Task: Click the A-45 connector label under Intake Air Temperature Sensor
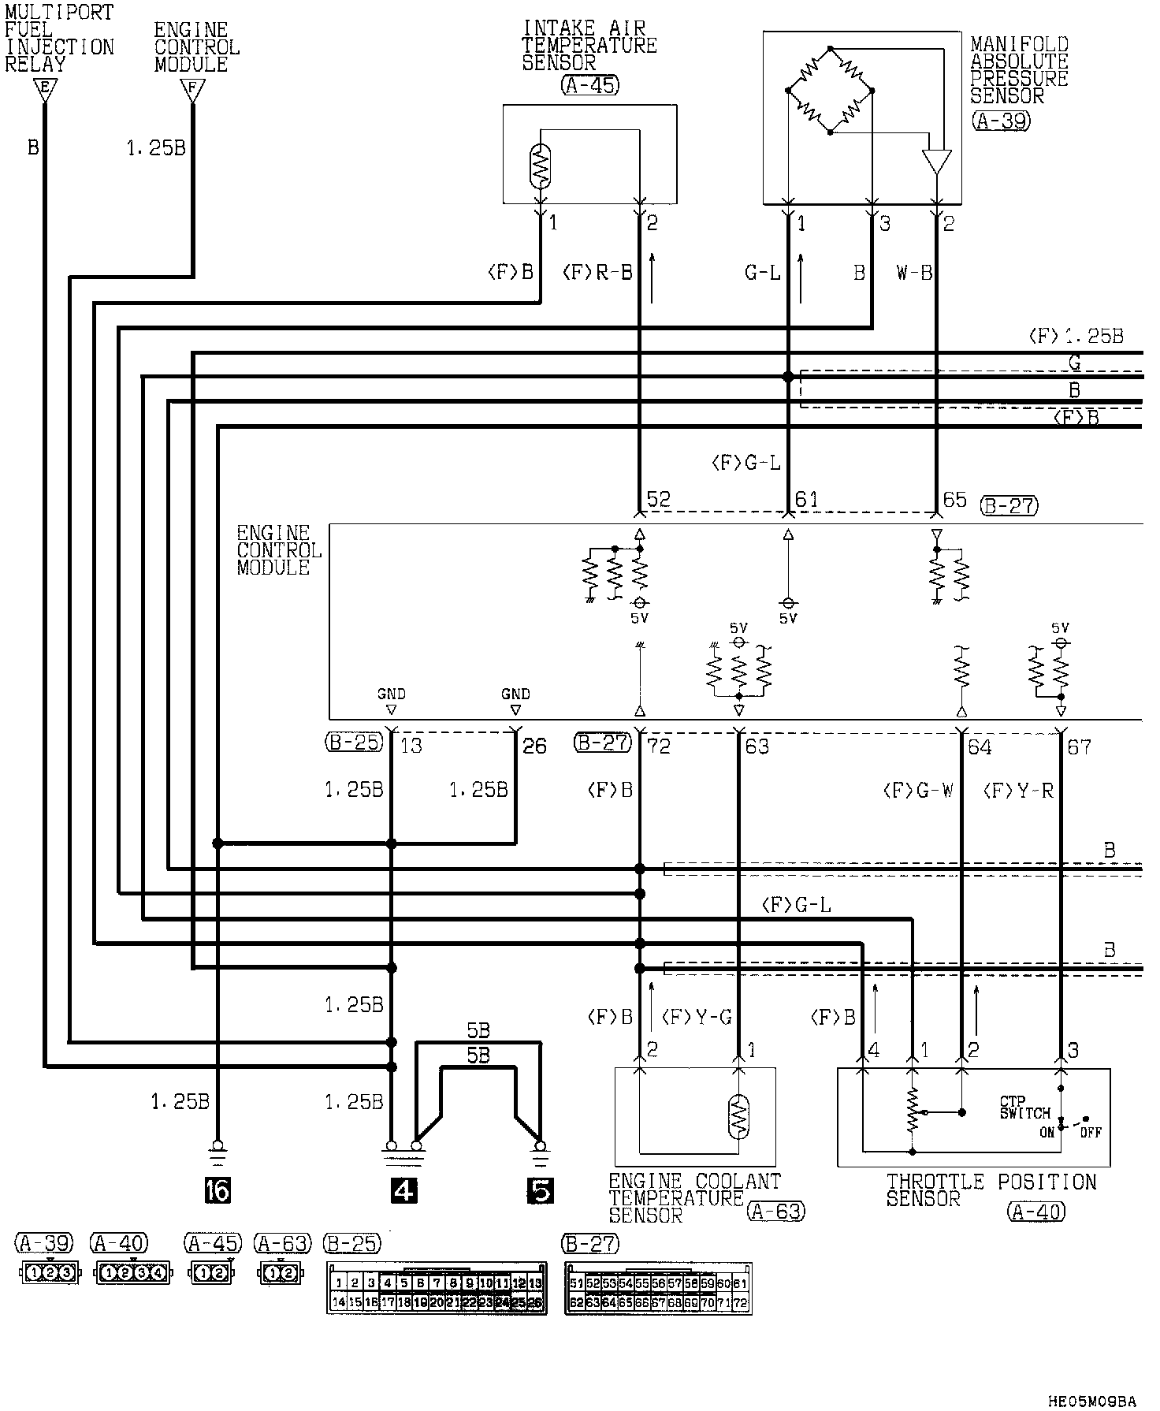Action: (x=589, y=86)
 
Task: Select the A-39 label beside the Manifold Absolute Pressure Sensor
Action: (x=1001, y=121)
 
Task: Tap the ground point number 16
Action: (x=217, y=1190)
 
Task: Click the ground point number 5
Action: (x=541, y=1190)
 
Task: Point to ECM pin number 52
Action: (x=658, y=500)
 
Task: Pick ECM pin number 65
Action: (x=954, y=500)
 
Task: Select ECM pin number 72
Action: (x=658, y=746)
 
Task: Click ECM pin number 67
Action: (x=1079, y=746)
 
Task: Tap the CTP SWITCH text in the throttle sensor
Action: (x=1024, y=1108)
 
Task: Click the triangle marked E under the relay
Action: (x=45, y=91)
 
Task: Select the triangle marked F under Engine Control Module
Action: (x=191, y=91)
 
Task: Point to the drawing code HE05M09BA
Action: (x=1092, y=1401)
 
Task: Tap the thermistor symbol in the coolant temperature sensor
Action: (x=738, y=1115)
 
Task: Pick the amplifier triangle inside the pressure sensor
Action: (x=937, y=162)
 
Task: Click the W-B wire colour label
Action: (x=914, y=274)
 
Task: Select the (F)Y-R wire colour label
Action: (x=1018, y=791)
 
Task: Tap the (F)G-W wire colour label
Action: (x=918, y=791)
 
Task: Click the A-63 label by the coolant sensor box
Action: (x=775, y=1211)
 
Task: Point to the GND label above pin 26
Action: (x=515, y=694)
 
